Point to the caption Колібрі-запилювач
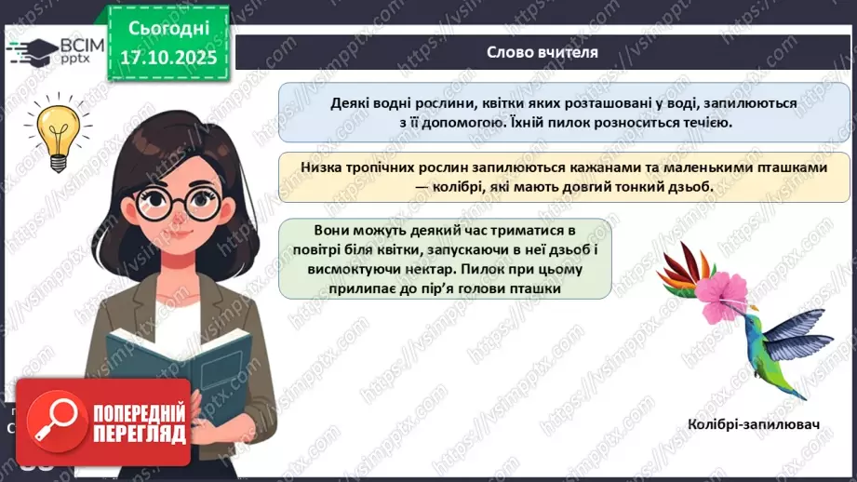click(x=755, y=425)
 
